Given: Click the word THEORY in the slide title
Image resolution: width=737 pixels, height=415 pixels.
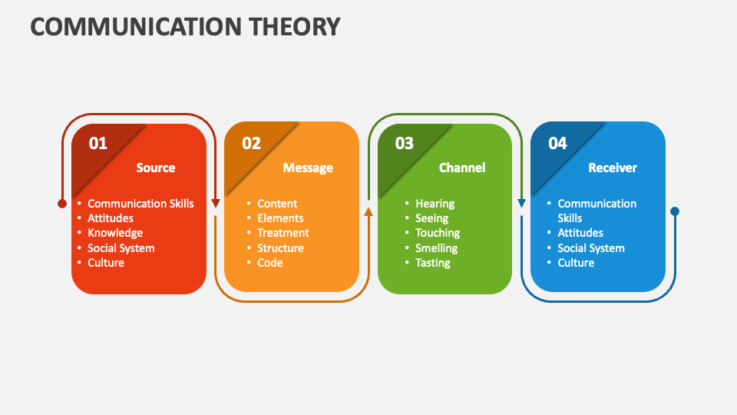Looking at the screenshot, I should pos(289,26).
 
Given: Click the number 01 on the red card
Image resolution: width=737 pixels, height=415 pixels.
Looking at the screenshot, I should pos(98,143).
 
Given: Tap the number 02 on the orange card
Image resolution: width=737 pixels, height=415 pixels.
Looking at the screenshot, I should pos(251,143).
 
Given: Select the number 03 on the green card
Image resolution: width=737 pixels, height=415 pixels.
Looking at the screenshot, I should pos(404,143).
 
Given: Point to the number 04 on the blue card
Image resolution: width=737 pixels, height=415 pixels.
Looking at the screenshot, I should pos(557,143).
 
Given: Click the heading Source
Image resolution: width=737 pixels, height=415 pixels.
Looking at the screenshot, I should pos(156,168).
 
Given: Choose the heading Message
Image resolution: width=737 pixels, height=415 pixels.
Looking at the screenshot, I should pos(308,168).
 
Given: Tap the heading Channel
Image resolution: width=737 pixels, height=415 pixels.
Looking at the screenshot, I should pos(462,168).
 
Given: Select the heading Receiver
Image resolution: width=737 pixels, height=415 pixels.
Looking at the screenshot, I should pos(613,168).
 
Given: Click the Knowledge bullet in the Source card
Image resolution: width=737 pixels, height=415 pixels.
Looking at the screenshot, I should pos(115,233).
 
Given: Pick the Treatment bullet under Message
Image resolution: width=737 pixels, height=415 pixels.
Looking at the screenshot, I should pos(283,233).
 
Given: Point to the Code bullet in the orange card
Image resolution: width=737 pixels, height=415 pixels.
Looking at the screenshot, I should pos(270,263).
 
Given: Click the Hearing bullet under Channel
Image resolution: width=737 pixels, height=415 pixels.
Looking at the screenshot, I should pos(435,204).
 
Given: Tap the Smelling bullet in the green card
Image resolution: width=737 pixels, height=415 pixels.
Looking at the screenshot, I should pos(437,248).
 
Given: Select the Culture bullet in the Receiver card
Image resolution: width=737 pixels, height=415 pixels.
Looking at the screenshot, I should pos(576,263).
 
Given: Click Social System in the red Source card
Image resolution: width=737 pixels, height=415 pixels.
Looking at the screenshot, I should pos(121,248).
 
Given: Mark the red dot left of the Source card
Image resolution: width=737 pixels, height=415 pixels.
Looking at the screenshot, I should pos(62,204).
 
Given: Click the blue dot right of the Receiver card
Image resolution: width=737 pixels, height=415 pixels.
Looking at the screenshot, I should pos(675,211).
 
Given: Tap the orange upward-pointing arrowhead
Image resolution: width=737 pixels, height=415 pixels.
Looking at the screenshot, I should pos(368,211).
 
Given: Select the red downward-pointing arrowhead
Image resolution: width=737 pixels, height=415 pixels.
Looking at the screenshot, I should pos(216,204).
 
